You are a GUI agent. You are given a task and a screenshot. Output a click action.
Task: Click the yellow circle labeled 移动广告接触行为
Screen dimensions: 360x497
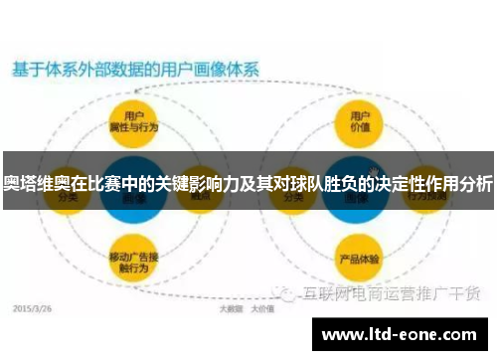tap(135, 261)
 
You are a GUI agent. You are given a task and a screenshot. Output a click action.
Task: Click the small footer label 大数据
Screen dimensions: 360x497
tap(231, 309)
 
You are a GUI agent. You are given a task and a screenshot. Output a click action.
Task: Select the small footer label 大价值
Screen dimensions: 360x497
tap(261, 309)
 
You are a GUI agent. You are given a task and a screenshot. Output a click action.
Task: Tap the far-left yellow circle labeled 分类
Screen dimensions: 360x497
tap(68, 196)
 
